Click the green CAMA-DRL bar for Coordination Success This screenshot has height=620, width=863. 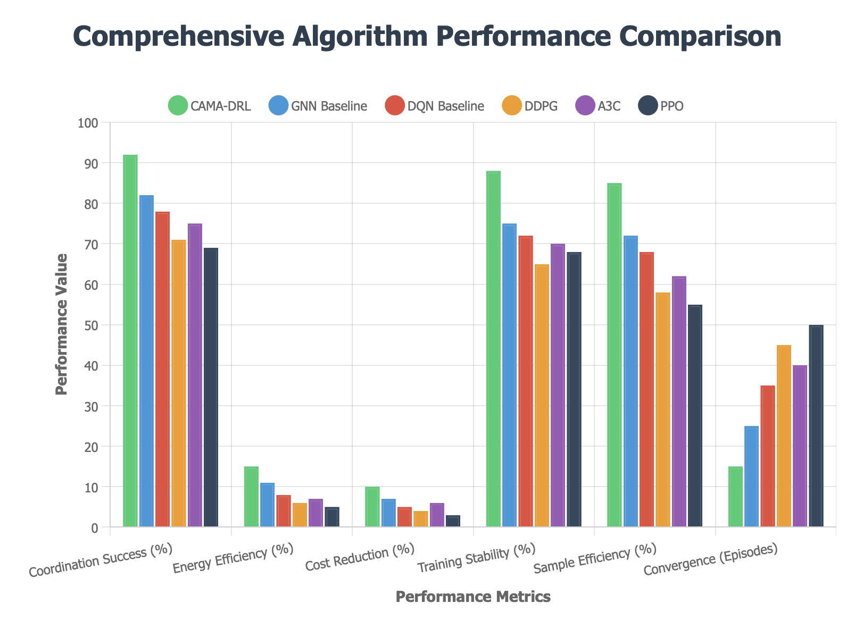[130, 340]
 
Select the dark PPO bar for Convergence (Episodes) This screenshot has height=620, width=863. [816, 425]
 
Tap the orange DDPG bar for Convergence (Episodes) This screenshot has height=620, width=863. [784, 436]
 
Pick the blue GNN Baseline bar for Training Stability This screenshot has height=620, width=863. [509, 375]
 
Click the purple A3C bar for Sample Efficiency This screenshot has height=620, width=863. [679, 401]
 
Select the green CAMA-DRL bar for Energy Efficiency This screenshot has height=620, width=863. [251, 497]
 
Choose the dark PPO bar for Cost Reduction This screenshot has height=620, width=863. [453, 521]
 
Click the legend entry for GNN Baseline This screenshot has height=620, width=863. [318, 106]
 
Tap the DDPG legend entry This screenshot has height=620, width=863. [529, 106]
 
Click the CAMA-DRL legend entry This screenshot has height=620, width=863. [210, 106]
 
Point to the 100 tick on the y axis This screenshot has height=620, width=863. [88, 123]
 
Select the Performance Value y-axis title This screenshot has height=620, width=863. [62, 324]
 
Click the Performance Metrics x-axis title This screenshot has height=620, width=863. [473, 597]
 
